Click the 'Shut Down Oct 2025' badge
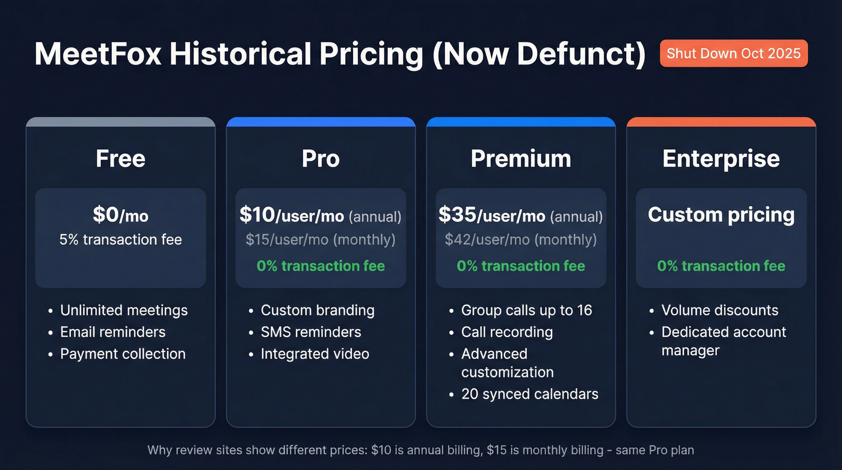(x=733, y=53)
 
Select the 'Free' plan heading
(x=120, y=159)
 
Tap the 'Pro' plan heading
(x=321, y=159)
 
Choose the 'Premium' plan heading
(x=521, y=159)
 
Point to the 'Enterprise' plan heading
(x=721, y=159)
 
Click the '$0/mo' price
(x=120, y=215)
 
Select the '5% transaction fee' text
(x=120, y=240)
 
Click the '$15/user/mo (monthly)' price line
(x=321, y=240)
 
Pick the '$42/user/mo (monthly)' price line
(x=521, y=240)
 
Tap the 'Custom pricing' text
(x=721, y=215)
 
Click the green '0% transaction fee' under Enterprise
(x=721, y=266)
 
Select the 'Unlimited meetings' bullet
(x=124, y=311)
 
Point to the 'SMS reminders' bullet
(x=311, y=332)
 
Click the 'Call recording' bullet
(x=506, y=332)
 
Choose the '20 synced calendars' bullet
(x=529, y=394)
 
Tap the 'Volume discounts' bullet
(x=719, y=311)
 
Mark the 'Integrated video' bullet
(x=315, y=354)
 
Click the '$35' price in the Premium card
(x=457, y=214)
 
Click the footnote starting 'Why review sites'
(x=420, y=450)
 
